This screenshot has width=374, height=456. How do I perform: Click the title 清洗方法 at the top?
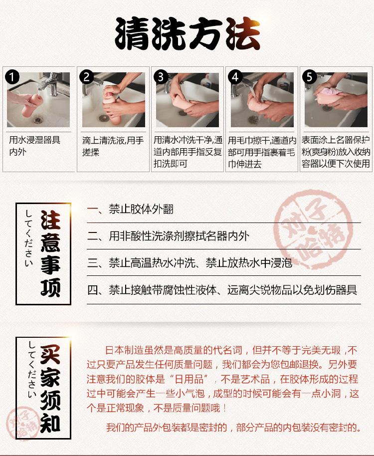coord(187,34)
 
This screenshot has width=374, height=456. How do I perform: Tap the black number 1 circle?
coord(12,77)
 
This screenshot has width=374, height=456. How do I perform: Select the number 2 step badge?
coord(87,77)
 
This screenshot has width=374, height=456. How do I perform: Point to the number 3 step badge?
coord(161,77)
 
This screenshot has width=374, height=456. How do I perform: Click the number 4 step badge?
coord(235,77)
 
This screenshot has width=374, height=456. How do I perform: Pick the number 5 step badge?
coord(309,77)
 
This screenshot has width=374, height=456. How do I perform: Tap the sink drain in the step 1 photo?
coord(37,119)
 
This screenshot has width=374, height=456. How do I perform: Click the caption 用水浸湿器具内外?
coord(34,146)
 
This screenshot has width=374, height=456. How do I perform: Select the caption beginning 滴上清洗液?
coord(113,146)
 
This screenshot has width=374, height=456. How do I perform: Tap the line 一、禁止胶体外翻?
coord(130,209)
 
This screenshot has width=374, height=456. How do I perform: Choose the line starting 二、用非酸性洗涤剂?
coord(168,236)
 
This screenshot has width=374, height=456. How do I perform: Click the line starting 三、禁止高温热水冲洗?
coord(190,262)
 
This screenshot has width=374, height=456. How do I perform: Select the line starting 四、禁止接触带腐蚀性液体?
coord(222,290)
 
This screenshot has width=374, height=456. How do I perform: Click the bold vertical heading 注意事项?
coord(50,253)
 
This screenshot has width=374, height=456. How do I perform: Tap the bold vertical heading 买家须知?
coord(50,389)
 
